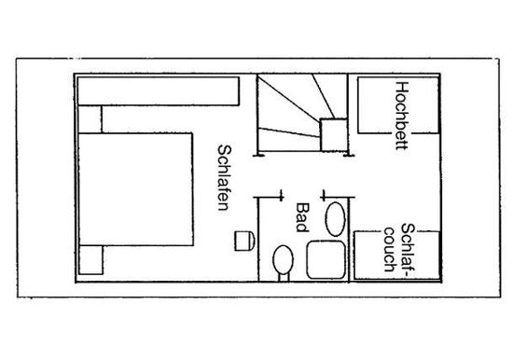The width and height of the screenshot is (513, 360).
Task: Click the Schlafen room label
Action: click(x=225, y=178)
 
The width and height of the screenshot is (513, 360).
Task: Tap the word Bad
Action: click(x=302, y=217)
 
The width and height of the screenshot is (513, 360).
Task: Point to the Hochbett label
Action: click(x=402, y=116)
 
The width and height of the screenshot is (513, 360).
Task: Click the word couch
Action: click(x=390, y=249)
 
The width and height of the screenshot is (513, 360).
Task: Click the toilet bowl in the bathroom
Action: click(x=283, y=260)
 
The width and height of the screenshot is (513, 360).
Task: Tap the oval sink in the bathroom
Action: click(x=335, y=219)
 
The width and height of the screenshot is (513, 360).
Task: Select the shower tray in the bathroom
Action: click(x=326, y=260)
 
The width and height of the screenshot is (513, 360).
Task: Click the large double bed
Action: click(x=135, y=188)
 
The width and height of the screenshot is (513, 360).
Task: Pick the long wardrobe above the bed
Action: click(x=159, y=91)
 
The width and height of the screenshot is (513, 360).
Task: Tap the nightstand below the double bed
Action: click(x=90, y=260)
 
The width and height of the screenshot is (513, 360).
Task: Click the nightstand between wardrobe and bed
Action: click(x=90, y=118)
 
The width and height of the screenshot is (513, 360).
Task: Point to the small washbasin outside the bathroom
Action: click(x=244, y=241)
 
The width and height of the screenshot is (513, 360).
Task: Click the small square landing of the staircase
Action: click(x=333, y=135)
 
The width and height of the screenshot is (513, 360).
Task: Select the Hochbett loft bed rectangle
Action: click(x=398, y=105)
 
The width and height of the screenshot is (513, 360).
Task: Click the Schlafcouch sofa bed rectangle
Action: click(x=396, y=256)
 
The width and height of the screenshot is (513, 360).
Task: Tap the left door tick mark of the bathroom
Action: click(x=281, y=195)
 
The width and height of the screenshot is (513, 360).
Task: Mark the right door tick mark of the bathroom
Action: click(x=324, y=195)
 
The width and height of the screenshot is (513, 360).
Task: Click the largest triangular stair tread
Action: click(x=284, y=104)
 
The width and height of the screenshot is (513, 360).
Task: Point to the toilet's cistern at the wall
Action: click(x=284, y=278)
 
